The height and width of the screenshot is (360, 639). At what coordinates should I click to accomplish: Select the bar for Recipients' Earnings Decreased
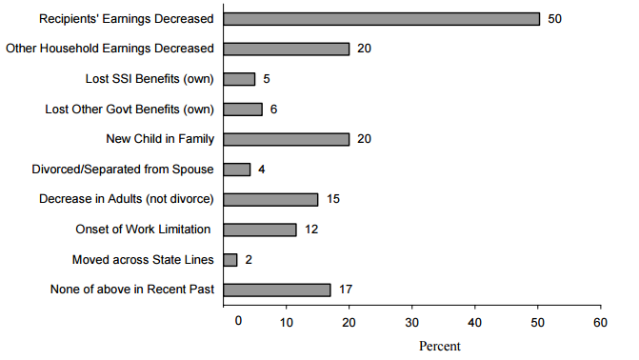pyautogui.click(x=381, y=18)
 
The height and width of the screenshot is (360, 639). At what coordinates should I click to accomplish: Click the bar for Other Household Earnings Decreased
pyautogui.click(x=287, y=49)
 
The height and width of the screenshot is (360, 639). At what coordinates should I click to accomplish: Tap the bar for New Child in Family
pyautogui.click(x=287, y=139)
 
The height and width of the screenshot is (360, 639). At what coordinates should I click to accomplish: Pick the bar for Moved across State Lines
pyautogui.click(x=230, y=259)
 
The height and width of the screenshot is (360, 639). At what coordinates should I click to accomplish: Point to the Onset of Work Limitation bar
pyautogui.click(x=260, y=230)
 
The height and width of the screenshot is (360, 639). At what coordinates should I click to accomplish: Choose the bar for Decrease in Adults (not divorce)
pyautogui.click(x=270, y=199)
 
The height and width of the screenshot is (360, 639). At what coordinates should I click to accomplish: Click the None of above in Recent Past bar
pyautogui.click(x=277, y=290)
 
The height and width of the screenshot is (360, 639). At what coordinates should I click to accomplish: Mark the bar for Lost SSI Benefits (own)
pyautogui.click(x=239, y=79)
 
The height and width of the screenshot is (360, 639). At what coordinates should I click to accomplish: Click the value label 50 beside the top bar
pyautogui.click(x=555, y=18)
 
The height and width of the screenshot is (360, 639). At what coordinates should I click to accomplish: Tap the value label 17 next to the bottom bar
pyautogui.click(x=347, y=290)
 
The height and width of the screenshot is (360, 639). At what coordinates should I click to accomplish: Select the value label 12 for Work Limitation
pyautogui.click(x=312, y=230)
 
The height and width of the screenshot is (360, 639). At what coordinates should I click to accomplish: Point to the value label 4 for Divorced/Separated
pyautogui.click(x=262, y=170)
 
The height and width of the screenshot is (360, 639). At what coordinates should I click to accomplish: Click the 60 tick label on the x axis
pyautogui.click(x=600, y=323)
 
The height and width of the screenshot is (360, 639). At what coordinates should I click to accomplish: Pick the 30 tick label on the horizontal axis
pyautogui.click(x=411, y=323)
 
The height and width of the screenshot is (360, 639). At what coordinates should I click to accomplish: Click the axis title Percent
pyautogui.click(x=439, y=346)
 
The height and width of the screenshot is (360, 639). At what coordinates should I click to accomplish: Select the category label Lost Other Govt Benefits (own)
pyautogui.click(x=130, y=109)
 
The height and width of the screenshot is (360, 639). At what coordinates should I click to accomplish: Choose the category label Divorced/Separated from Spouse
pyautogui.click(x=123, y=170)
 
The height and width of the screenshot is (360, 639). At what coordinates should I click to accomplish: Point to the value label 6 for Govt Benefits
pyautogui.click(x=273, y=109)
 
